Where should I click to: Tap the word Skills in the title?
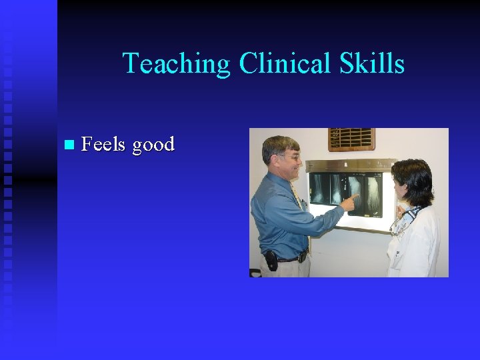coord(371,64)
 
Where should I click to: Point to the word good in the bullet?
coord(153,145)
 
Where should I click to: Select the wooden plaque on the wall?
coord(351,139)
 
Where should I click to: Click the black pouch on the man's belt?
coord(271,260)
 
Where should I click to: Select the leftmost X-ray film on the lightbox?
coord(322,189)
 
